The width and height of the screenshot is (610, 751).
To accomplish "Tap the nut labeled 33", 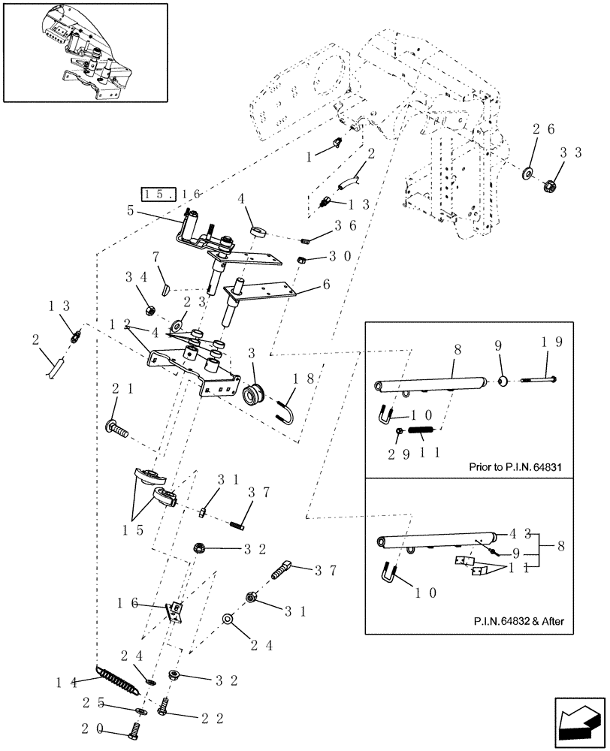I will coord(549,185).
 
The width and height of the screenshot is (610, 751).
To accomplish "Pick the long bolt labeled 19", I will coord(539,381).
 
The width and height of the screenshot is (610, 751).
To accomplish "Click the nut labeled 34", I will coord(149,309).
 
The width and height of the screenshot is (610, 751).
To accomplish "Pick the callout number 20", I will coord(107,728).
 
